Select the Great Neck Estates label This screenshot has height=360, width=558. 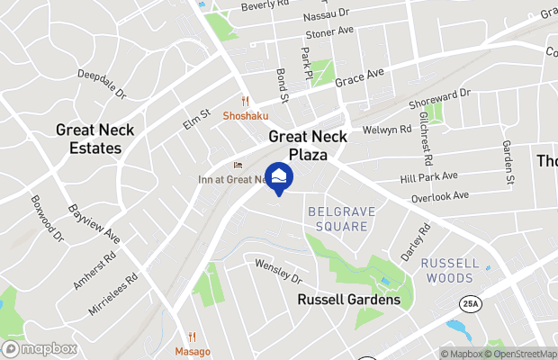tap(94, 139)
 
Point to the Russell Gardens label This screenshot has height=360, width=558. tap(349, 299)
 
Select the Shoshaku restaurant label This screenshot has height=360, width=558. tap(246, 116)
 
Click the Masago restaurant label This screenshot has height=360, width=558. tap(193, 351)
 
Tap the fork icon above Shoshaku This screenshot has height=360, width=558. tap(244, 101)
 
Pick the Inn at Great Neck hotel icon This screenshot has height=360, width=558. tap(238, 165)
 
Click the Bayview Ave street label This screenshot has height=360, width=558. tap(94, 223)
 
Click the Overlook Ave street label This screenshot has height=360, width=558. tap(439, 195)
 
